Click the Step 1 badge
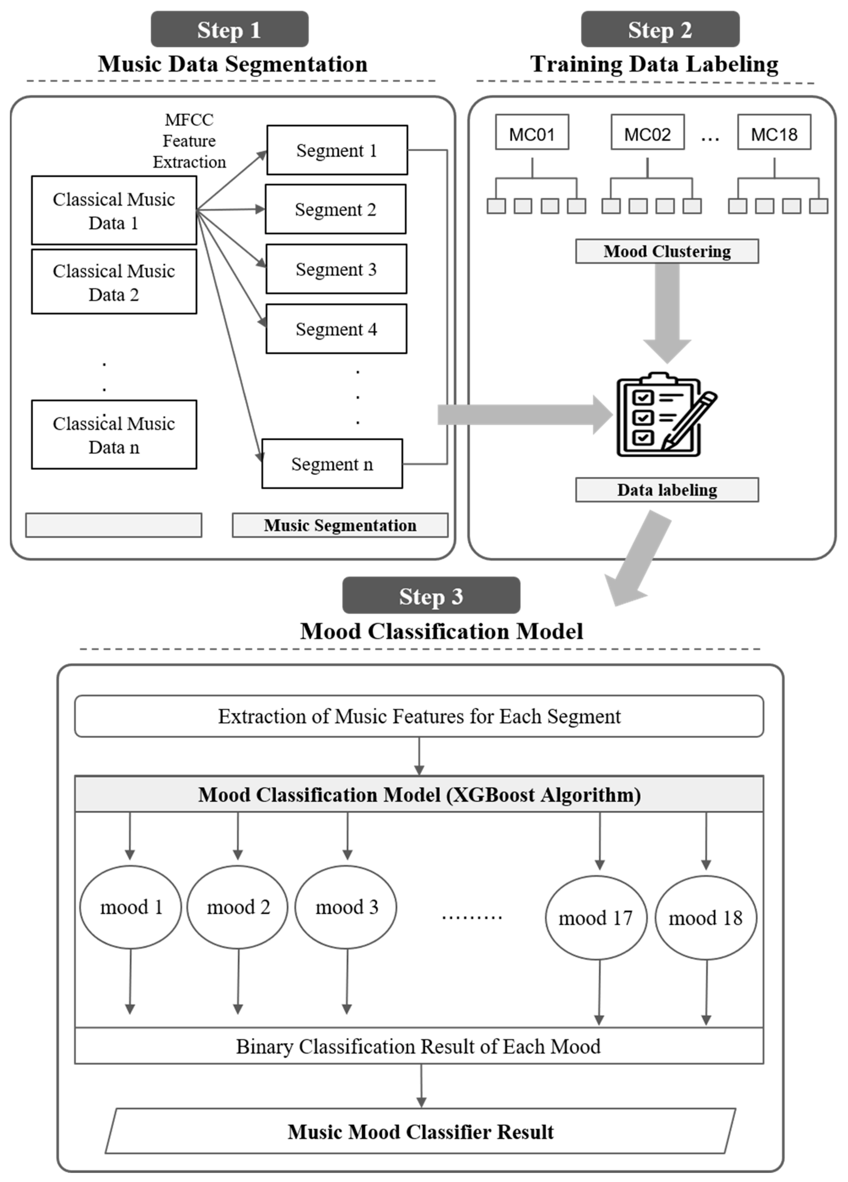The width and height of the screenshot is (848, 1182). point(229,30)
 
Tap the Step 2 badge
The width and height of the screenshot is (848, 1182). point(660,30)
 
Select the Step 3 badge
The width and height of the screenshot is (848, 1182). point(431,596)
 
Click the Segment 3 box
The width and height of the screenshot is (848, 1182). point(336,269)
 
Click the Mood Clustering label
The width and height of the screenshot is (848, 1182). point(667,251)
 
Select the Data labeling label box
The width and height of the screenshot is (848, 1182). point(667,490)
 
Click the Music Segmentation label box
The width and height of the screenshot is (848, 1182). point(340,525)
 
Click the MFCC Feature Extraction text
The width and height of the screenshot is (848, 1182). point(189,141)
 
